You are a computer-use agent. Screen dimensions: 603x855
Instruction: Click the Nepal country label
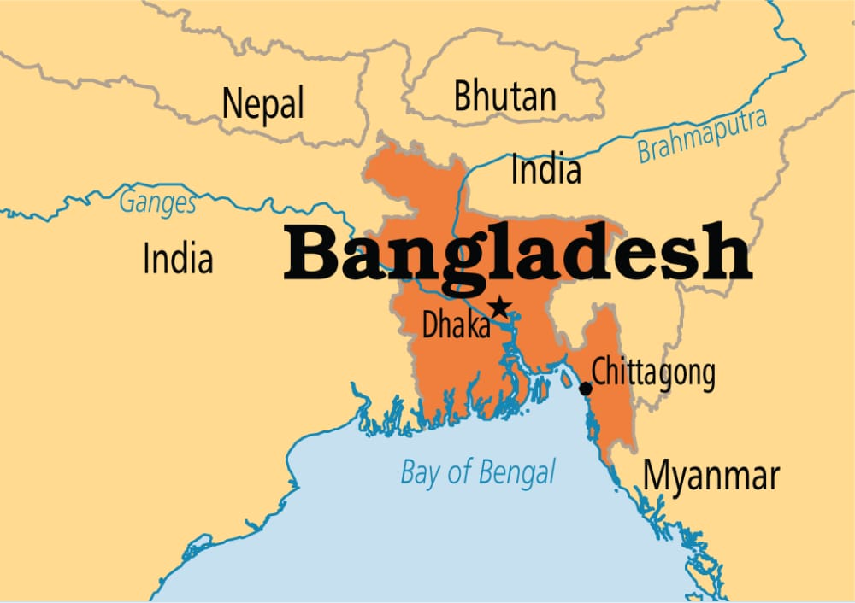[x=262, y=104]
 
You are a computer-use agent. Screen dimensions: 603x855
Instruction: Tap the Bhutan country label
[x=504, y=97]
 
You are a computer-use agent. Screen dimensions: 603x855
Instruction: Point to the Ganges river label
[x=157, y=203]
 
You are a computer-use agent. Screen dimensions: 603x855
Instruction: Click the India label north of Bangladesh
[x=545, y=169]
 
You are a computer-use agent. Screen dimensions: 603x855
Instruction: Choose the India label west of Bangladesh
[x=178, y=258]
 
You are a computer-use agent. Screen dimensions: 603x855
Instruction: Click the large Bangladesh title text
[x=517, y=254]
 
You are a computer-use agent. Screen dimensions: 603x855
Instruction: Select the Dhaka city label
[x=456, y=325]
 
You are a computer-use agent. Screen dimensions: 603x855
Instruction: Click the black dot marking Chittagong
[x=586, y=389]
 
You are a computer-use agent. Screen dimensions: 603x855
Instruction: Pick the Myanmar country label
[x=711, y=475]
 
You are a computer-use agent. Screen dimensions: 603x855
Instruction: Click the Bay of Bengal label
[x=478, y=472]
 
